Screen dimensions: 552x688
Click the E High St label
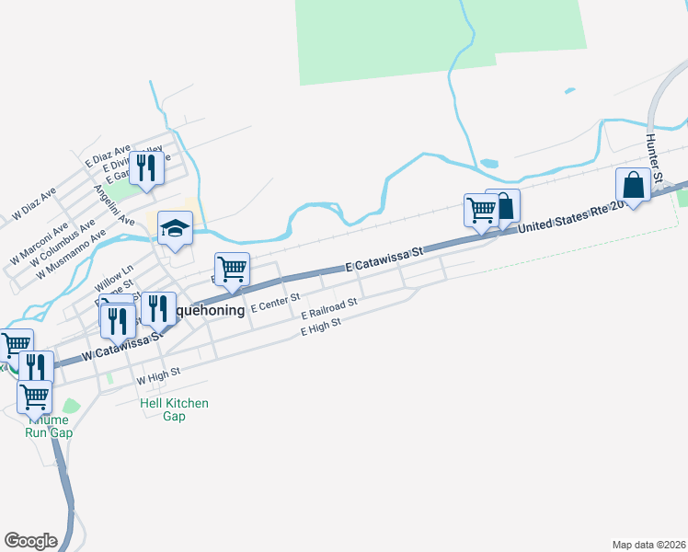coord(321,327)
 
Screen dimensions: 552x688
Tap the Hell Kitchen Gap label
coord(174,409)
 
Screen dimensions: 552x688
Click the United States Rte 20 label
coord(570,216)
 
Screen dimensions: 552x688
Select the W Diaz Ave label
coord(35,204)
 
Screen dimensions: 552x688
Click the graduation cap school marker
coord(175,226)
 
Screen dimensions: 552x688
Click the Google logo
coord(30,541)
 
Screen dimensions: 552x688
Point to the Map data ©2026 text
coord(648,544)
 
